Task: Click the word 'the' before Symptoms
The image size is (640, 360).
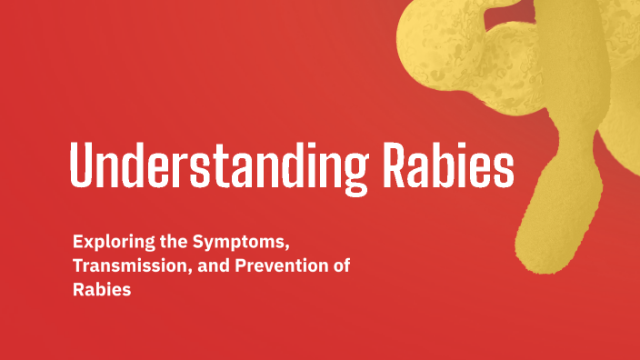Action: pos(167,243)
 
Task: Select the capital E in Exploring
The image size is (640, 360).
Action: pos(78,243)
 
